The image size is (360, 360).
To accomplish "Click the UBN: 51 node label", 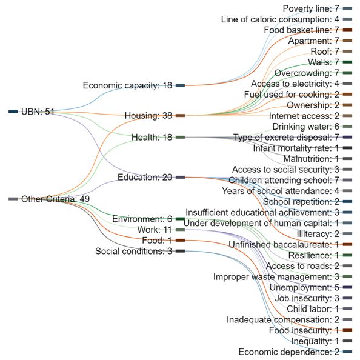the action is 38,112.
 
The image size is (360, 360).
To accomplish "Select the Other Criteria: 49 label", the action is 55,199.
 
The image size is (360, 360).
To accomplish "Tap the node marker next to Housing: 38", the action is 181,116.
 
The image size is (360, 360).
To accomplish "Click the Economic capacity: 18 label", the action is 127,85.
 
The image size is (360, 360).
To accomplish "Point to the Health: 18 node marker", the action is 181,138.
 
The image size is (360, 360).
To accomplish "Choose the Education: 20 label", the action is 145,177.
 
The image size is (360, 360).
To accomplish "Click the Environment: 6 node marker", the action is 181,219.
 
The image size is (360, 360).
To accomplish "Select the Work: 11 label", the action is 155,229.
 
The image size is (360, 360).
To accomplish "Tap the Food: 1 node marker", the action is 181,241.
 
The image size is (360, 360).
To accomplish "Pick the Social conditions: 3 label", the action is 133,251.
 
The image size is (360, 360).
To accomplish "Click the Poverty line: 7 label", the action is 311,8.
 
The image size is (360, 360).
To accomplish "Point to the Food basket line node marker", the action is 348,30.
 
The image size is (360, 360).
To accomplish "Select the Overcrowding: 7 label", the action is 307,73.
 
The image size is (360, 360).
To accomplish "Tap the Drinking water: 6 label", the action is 306,127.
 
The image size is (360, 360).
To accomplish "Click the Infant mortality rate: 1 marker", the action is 348,148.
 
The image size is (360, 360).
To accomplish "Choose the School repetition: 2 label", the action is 301,202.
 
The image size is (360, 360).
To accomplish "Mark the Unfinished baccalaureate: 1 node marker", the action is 348,244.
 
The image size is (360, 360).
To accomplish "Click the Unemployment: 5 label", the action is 304,287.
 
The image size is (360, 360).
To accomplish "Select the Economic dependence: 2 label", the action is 289,352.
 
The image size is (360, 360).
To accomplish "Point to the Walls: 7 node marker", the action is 348,62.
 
